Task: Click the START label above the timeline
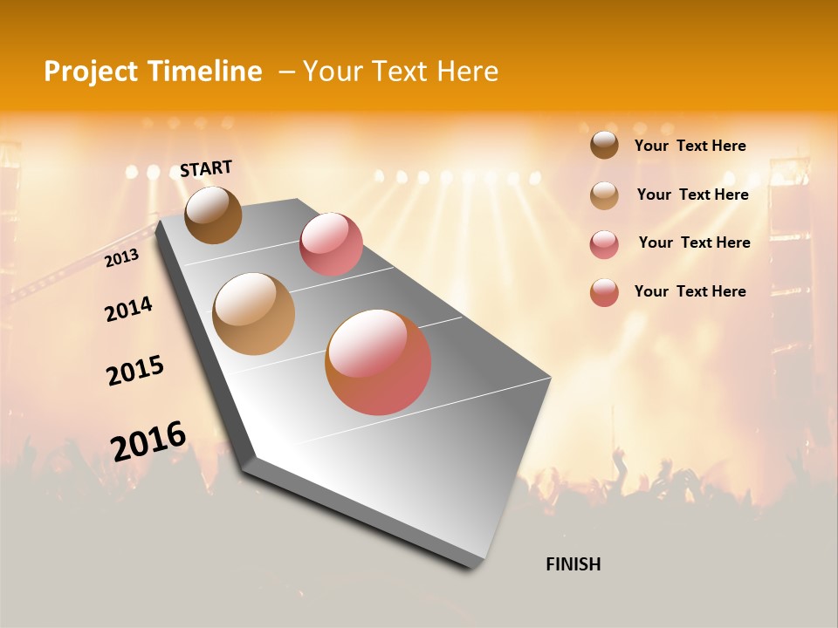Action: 206,168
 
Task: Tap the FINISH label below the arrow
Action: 573,564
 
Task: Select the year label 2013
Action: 121,258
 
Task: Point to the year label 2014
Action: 128,310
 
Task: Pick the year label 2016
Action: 148,441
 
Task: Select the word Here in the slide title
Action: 467,72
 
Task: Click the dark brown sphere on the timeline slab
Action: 213,215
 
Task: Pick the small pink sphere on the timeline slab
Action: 331,244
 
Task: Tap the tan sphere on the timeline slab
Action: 254,314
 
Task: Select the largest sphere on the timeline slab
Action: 378,362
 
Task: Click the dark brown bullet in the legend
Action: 604,145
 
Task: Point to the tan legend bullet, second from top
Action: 604,195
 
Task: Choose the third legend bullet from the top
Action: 604,244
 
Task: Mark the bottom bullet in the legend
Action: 604,292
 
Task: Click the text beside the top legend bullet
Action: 690,146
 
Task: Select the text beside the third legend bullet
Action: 694,242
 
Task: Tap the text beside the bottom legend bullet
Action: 690,291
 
